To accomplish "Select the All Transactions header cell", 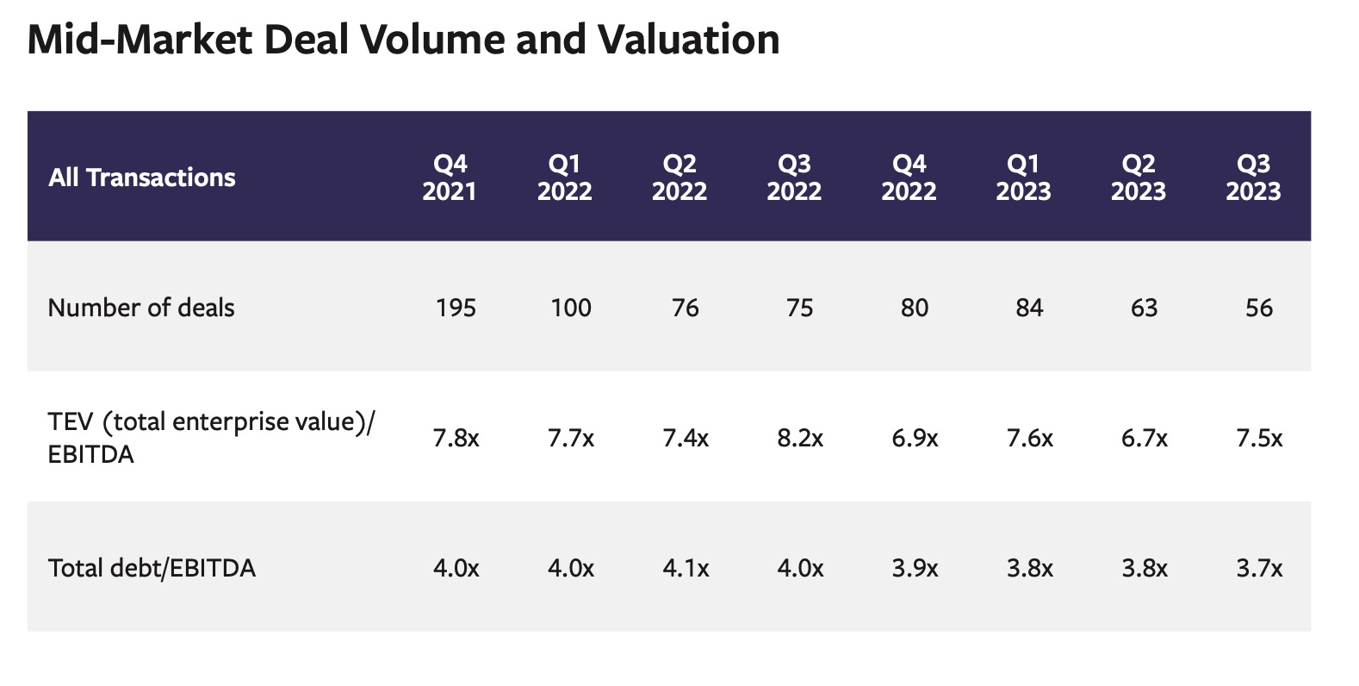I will tap(142, 178).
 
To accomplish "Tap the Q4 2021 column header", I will tap(450, 177).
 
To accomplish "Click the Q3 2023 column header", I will tap(1253, 177).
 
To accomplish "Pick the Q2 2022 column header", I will tap(679, 177).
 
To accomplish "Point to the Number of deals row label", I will tap(141, 308).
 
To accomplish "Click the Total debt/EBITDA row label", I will tap(152, 568).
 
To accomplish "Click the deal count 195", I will tap(456, 308).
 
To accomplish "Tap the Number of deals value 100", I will tap(570, 308).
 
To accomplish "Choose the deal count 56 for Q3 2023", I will tap(1258, 308).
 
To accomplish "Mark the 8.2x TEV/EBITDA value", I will tap(799, 439).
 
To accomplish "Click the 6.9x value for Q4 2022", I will tap(915, 439).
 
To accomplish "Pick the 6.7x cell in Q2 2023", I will tap(1144, 439).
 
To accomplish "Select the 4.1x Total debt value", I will tap(686, 569).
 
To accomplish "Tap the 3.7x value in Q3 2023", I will tap(1258, 569).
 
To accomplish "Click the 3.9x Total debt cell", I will tap(915, 569).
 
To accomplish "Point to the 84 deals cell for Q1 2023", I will tap(1029, 308).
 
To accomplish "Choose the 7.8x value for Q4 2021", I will tap(456, 439).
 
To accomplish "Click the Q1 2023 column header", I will tap(1023, 177).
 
